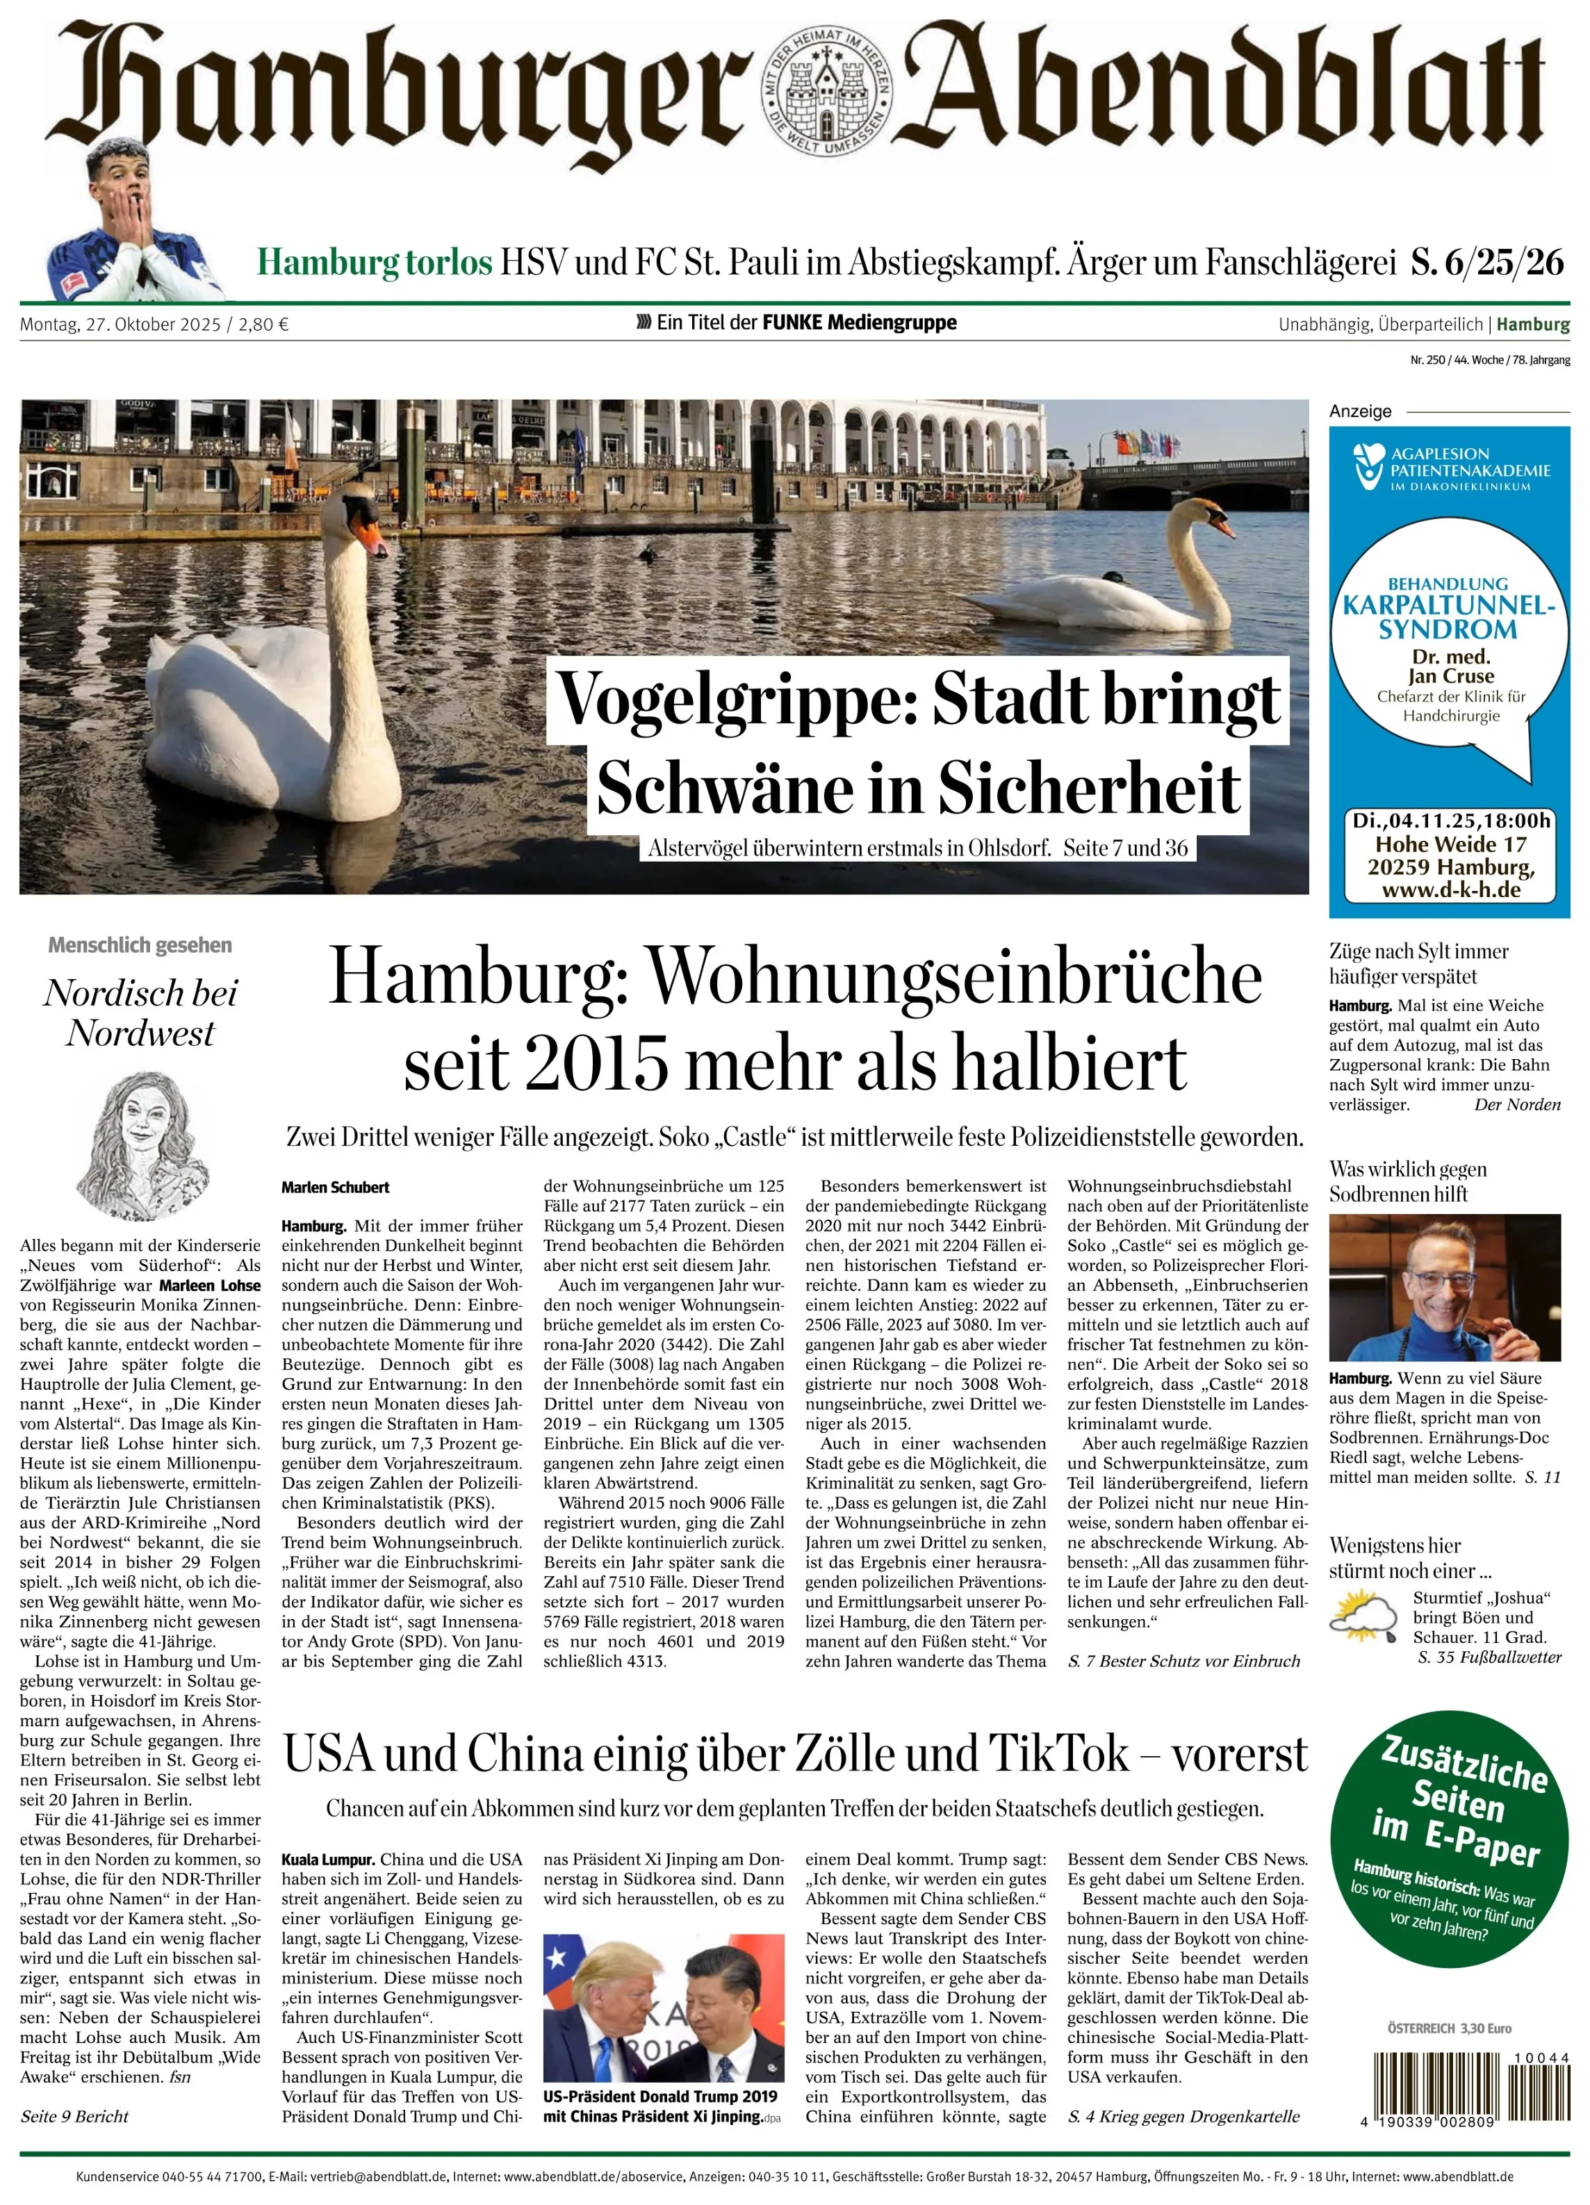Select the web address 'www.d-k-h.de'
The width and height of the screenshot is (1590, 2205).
pyautogui.click(x=1450, y=890)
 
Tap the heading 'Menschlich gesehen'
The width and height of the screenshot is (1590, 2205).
pyautogui.click(x=140, y=945)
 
